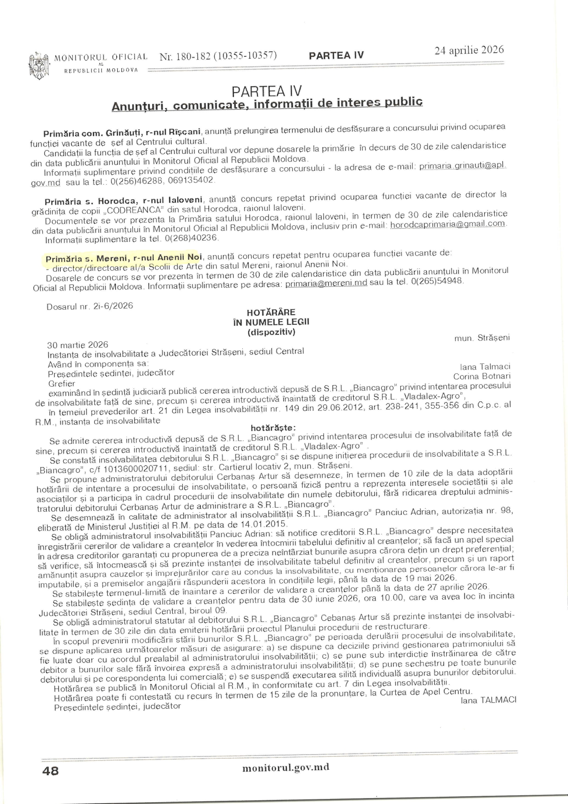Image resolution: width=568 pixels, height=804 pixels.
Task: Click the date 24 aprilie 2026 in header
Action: (469, 50)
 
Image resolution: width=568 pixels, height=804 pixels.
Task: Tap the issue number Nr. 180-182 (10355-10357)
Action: (218, 56)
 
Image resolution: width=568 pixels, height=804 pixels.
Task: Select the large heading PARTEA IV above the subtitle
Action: (267, 91)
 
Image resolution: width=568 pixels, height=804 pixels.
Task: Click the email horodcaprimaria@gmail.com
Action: (448, 224)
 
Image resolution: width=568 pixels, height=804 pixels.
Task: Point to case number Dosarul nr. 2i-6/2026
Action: (90, 306)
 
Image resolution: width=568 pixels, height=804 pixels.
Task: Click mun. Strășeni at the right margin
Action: (482, 338)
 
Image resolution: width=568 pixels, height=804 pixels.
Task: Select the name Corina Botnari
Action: (481, 376)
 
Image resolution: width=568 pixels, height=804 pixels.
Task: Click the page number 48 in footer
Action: (50, 771)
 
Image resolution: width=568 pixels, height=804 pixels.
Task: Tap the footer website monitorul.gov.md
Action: (286, 768)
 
